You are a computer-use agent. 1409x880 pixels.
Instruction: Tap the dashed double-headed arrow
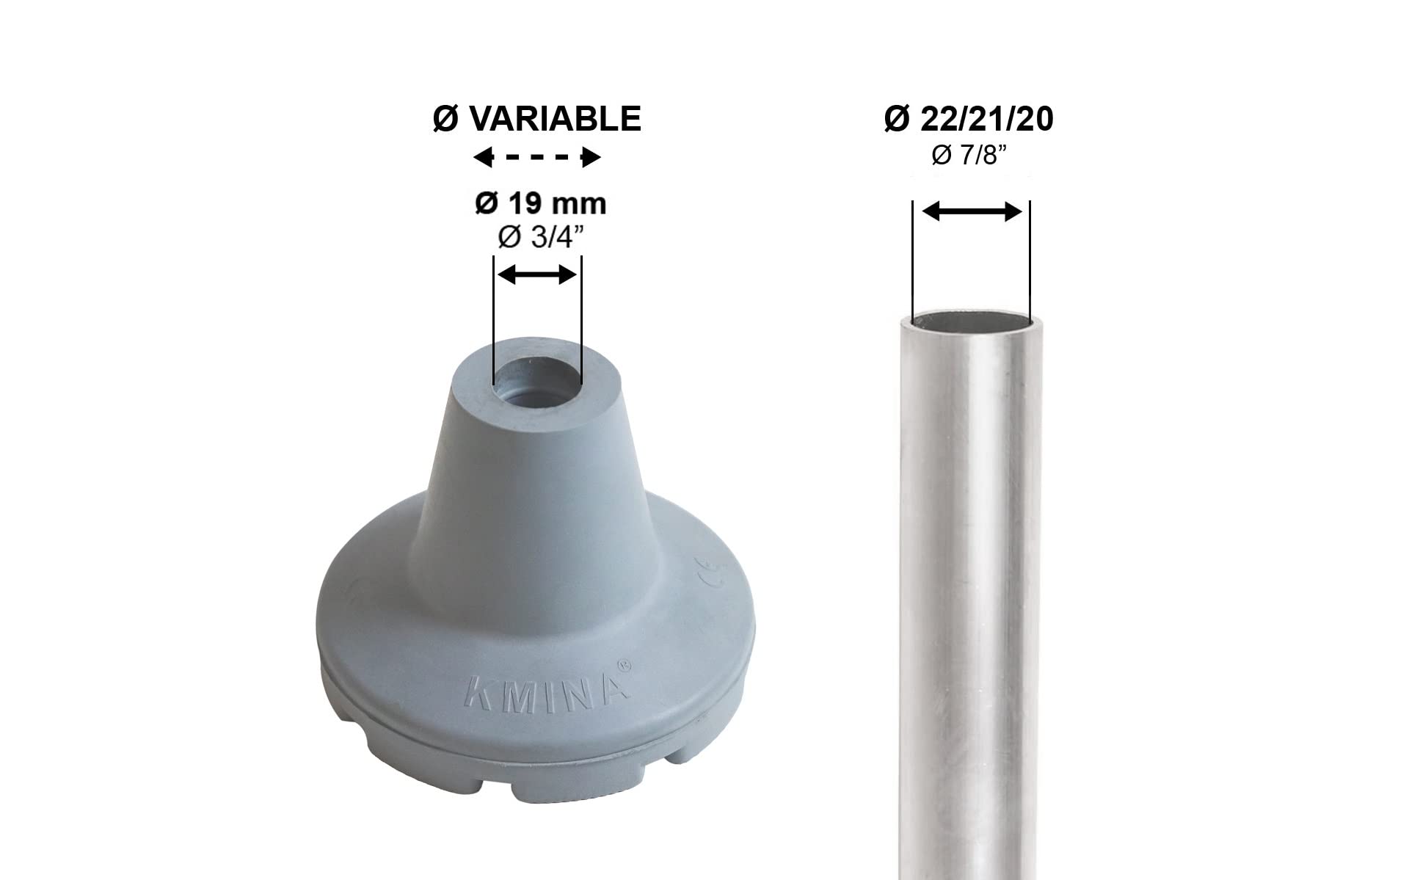[537, 158]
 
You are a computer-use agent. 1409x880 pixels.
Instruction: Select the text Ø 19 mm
[541, 204]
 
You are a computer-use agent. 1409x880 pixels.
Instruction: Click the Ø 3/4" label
[541, 238]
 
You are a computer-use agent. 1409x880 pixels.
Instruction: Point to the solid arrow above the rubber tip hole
[537, 275]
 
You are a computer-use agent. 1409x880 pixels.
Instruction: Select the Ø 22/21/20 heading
[969, 119]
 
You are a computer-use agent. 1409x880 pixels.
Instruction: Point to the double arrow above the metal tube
[972, 212]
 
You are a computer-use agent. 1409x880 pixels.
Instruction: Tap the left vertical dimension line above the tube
[911, 257]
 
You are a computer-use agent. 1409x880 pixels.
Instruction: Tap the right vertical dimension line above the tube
[1030, 257]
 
